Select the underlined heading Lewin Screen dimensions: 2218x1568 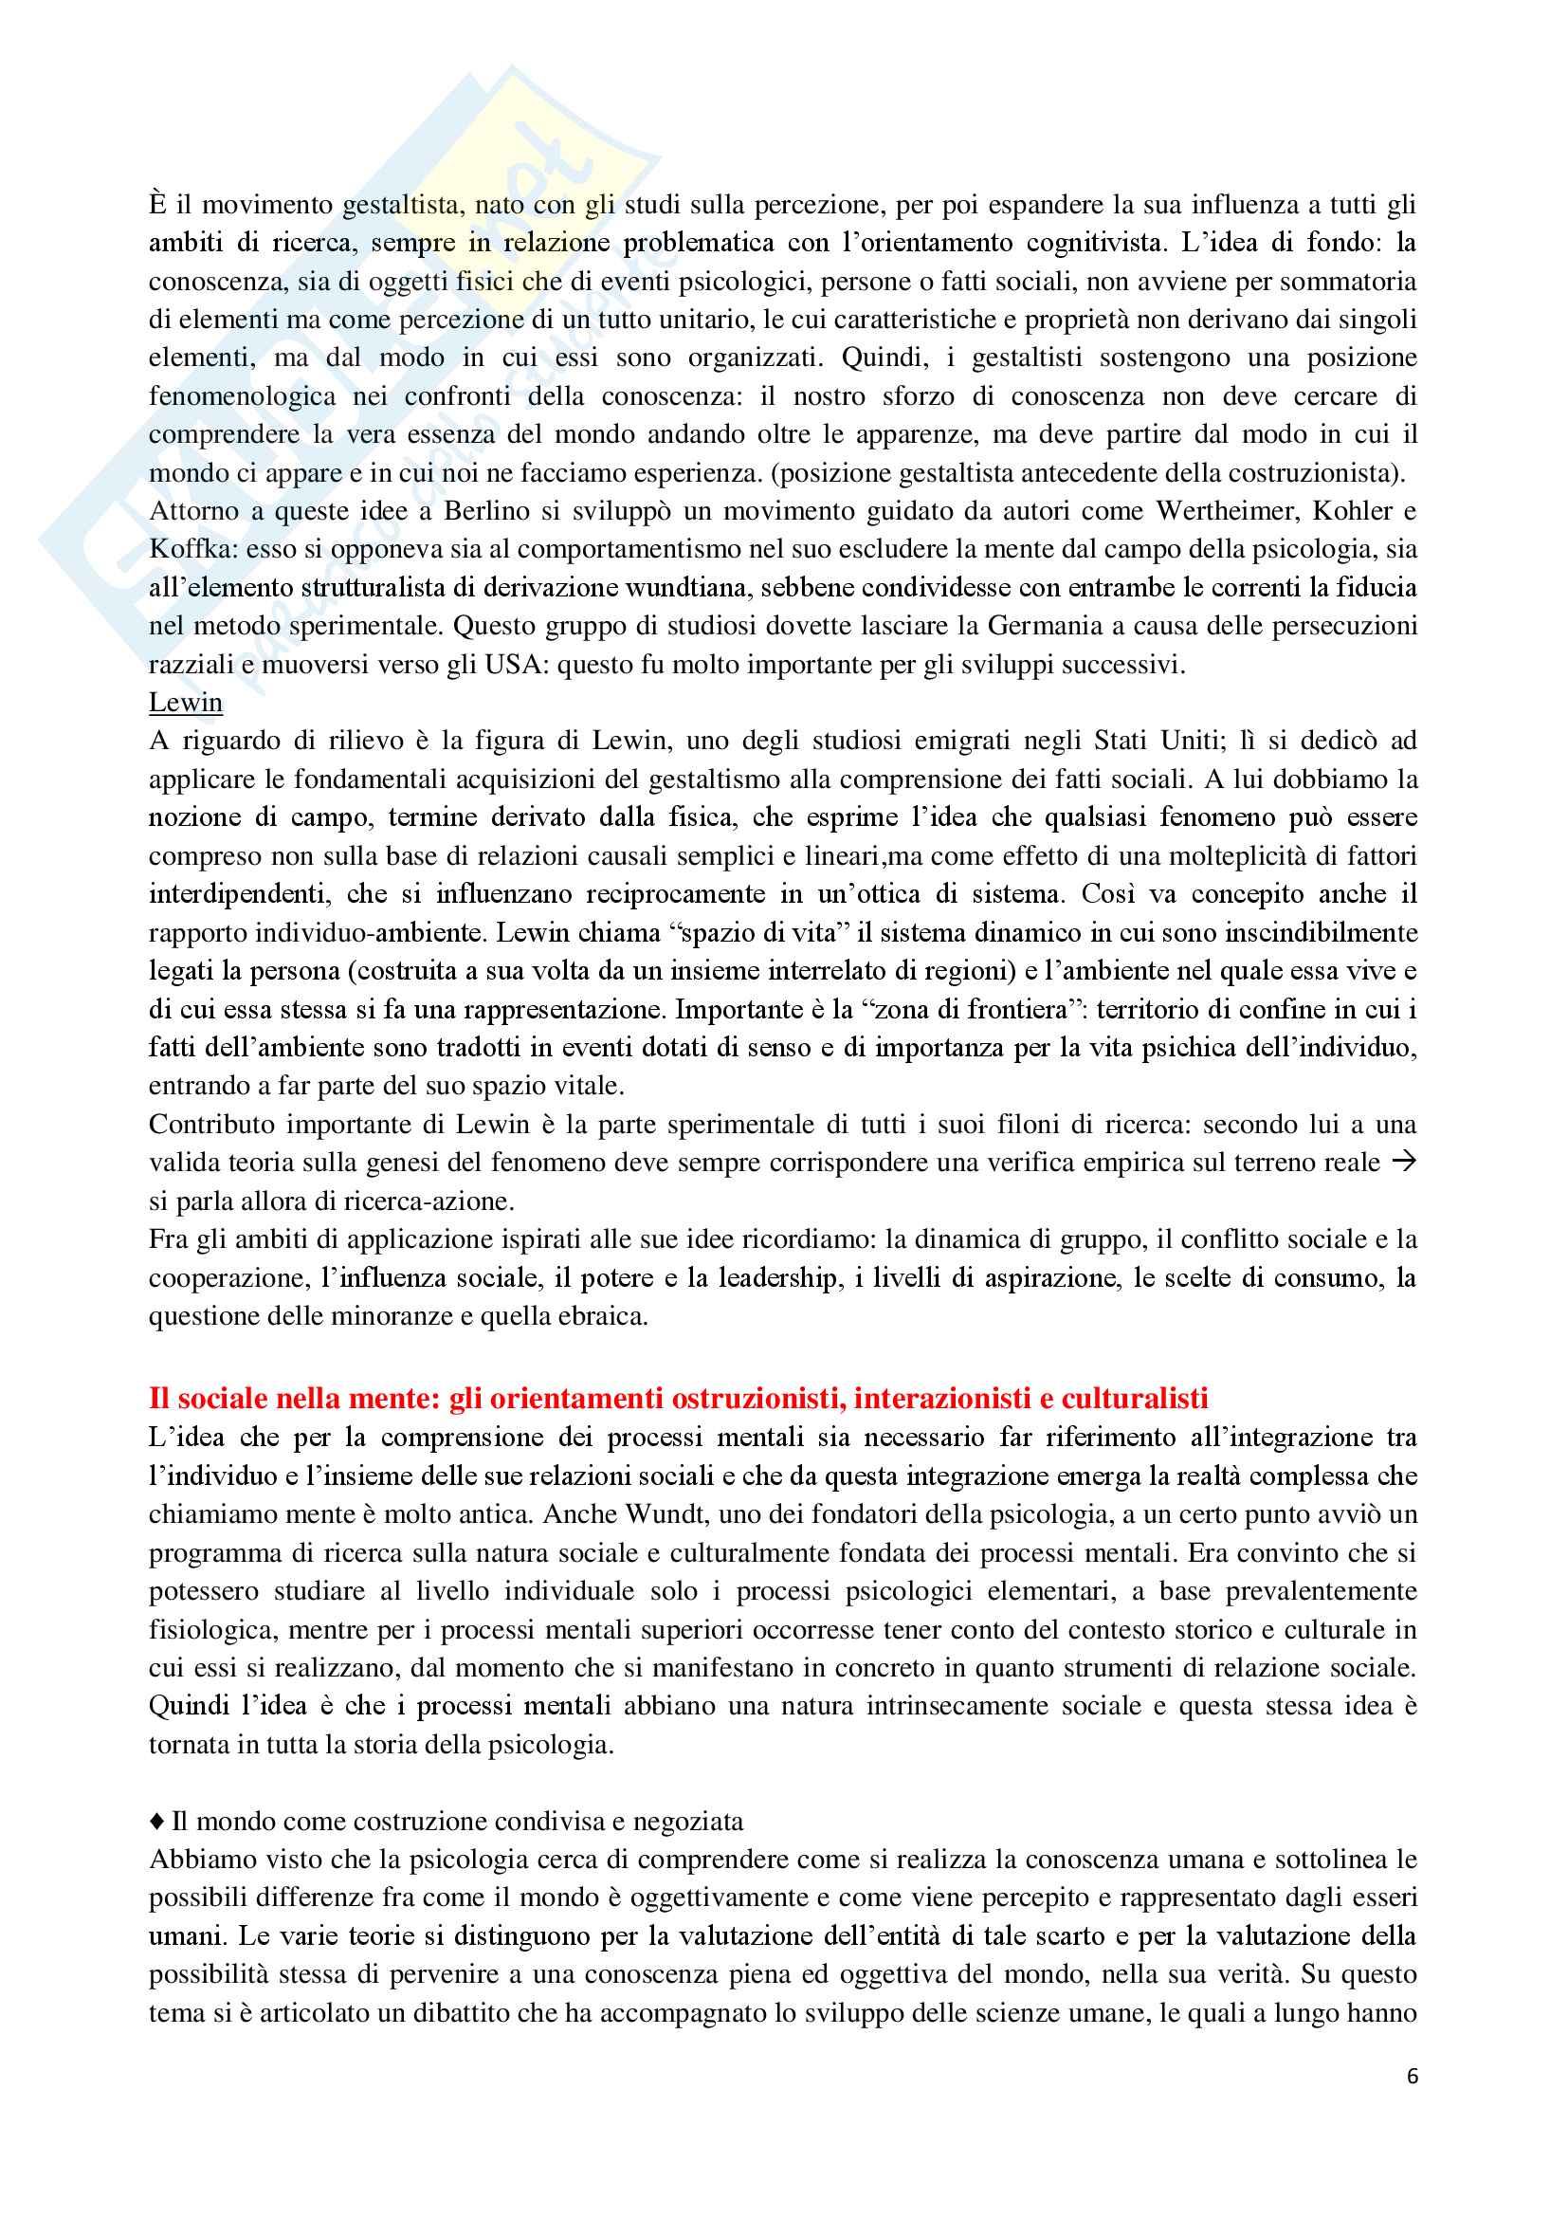coord(186,703)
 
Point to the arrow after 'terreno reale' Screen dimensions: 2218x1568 coord(1404,1162)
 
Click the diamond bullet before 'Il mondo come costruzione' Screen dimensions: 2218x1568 coord(157,1821)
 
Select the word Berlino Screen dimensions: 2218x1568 coord(486,511)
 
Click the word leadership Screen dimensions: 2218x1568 coord(777,1277)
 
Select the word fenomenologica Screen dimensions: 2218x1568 coord(243,396)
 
